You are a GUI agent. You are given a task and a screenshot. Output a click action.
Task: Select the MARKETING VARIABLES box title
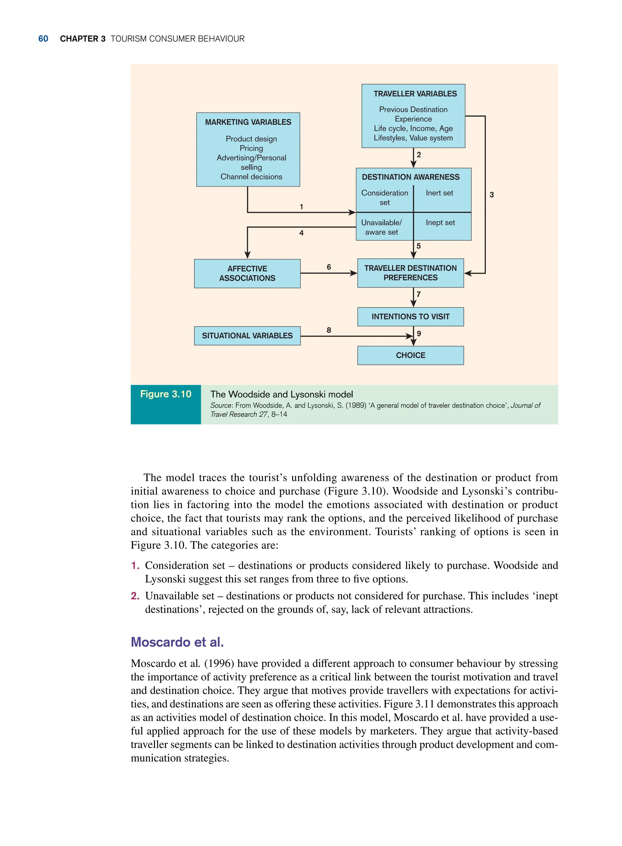(248, 122)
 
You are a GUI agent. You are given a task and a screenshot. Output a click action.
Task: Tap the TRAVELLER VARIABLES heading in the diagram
(415, 94)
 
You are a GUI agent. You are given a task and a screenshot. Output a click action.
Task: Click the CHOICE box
(410, 355)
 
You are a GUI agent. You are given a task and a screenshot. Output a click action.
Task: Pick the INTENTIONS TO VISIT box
(410, 316)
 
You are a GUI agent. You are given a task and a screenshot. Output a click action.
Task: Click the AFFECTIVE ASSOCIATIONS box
(247, 274)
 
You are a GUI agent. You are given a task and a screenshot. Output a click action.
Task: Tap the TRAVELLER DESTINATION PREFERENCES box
(410, 273)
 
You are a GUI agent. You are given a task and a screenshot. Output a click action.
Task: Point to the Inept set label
(440, 223)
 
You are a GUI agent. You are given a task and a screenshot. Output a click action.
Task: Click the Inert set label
(439, 193)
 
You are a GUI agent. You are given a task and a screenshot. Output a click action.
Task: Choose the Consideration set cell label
(384, 198)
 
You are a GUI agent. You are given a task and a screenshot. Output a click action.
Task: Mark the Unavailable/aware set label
(381, 227)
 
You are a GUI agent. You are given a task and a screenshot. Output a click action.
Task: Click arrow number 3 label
(491, 195)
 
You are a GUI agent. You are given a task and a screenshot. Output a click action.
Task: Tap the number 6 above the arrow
(329, 267)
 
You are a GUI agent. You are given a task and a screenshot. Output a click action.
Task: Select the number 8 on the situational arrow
(329, 330)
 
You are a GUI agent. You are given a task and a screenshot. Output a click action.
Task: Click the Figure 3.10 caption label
(166, 394)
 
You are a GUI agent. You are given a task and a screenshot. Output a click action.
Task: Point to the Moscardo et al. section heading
(177, 642)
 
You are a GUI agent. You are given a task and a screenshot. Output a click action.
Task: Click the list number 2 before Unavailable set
(135, 596)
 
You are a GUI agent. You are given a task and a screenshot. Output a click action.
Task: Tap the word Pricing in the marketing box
(251, 148)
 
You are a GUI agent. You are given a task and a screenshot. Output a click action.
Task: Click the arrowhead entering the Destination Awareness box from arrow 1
(352, 212)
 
